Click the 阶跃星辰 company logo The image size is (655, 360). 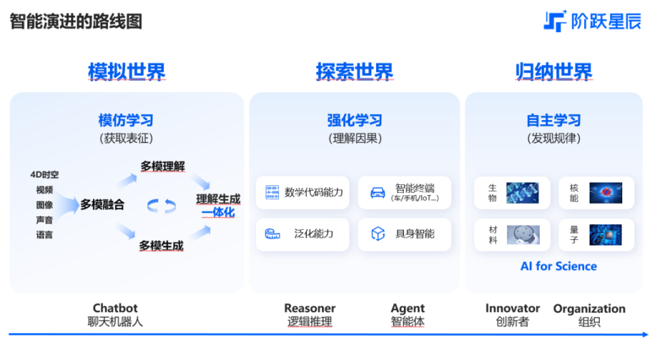pyautogui.click(x=592, y=21)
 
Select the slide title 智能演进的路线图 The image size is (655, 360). pyautogui.click(x=76, y=21)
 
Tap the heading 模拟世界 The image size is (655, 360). pyautogui.click(x=127, y=72)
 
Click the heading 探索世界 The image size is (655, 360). pyautogui.click(x=354, y=72)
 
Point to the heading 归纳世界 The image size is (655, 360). pyautogui.click(x=553, y=72)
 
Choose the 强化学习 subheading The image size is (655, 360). pyautogui.click(x=354, y=120)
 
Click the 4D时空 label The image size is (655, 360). pyautogui.click(x=44, y=175)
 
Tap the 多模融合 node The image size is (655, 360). pyautogui.click(x=102, y=205)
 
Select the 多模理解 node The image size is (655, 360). pyautogui.click(x=162, y=166)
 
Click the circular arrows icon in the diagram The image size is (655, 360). pyautogui.click(x=161, y=206)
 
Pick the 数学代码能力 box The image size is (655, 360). pyautogui.click(x=302, y=192)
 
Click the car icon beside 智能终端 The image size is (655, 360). pyautogui.click(x=377, y=192)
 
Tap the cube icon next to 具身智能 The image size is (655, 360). pyautogui.click(x=377, y=233)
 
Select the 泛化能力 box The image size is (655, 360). pyautogui.click(x=302, y=235)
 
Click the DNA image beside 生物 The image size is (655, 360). pyautogui.click(x=522, y=193)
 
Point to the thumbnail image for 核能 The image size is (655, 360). pyautogui.click(x=606, y=193)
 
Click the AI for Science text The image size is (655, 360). pyautogui.click(x=559, y=266)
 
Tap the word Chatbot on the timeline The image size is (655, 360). pyautogui.click(x=115, y=308)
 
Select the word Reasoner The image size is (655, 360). pyautogui.click(x=310, y=308)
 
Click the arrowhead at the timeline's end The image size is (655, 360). pyautogui.click(x=646, y=335)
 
